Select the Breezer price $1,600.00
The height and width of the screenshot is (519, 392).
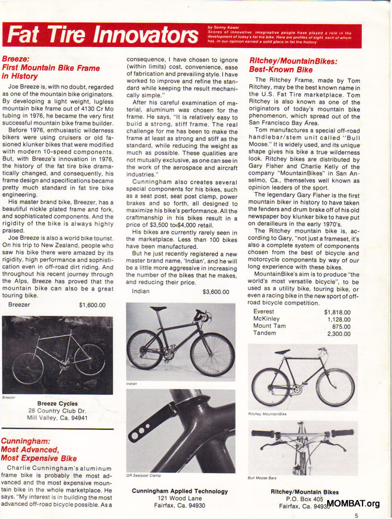coord(92,304)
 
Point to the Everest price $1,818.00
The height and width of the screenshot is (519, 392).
coord(337,312)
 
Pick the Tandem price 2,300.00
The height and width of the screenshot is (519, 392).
coord(339,333)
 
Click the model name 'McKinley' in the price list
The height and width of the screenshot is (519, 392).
coord(267,319)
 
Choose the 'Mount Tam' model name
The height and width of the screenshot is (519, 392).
coord(269,326)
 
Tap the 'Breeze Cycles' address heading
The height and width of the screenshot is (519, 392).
coord(57,403)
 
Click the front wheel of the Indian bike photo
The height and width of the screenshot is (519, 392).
coord(212,354)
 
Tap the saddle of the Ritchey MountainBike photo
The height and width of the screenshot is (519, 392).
coord(283,352)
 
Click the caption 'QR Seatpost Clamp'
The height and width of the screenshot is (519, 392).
coord(143,476)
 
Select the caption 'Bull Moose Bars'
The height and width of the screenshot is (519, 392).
coord(262,478)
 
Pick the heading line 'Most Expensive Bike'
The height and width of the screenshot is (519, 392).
coord(39,458)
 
